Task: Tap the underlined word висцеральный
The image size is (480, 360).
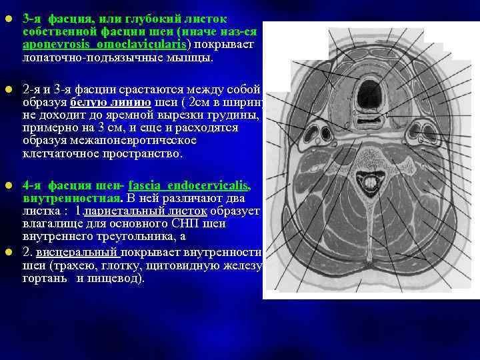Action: [x=77, y=253]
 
